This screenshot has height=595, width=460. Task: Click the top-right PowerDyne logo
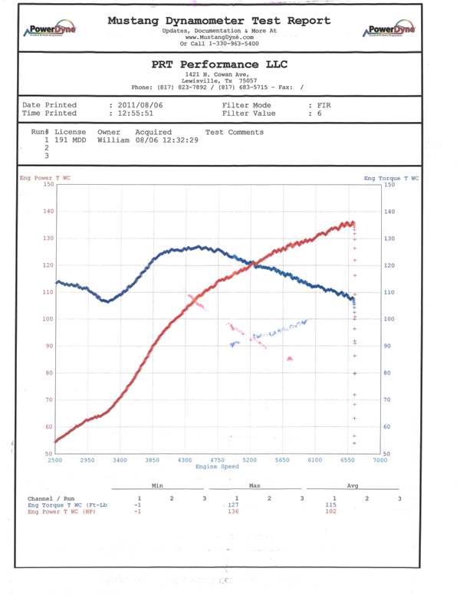[391, 30]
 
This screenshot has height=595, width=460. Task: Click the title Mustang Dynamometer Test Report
[219, 21]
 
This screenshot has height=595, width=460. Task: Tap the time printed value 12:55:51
[137, 113]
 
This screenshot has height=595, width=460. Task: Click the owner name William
[113, 140]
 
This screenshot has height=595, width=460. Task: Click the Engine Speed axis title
[218, 466]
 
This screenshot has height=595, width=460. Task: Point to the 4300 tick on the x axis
[185, 460]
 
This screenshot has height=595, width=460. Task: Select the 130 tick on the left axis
[50, 238]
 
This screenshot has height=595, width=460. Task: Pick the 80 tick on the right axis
[388, 373]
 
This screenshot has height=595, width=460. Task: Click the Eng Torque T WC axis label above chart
[392, 178]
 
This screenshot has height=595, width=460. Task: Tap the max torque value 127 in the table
[236, 505]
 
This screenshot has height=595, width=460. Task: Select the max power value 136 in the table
[236, 511]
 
